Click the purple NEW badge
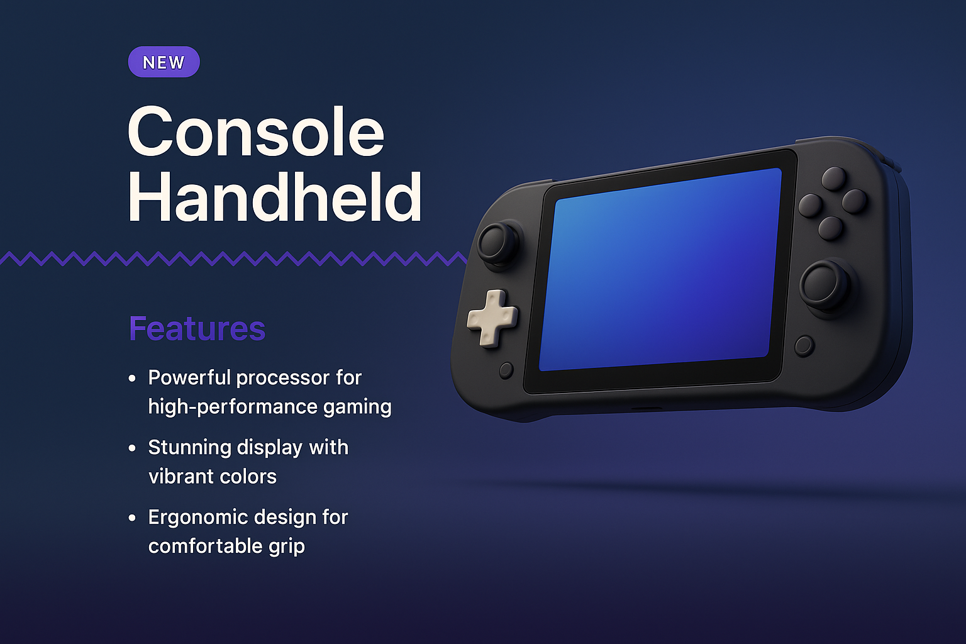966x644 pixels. [164, 62]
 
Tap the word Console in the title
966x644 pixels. [255, 132]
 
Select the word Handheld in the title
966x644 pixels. [274, 197]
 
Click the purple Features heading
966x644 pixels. [197, 328]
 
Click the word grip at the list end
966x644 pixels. [287, 546]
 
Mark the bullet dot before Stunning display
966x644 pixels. [132, 448]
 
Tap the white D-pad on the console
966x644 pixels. [492, 318]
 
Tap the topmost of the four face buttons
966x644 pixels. [834, 178]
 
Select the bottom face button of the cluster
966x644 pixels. [830, 227]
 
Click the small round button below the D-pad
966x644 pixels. [506, 370]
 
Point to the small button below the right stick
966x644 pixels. [804, 345]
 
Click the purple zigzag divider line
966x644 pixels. [233, 258]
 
